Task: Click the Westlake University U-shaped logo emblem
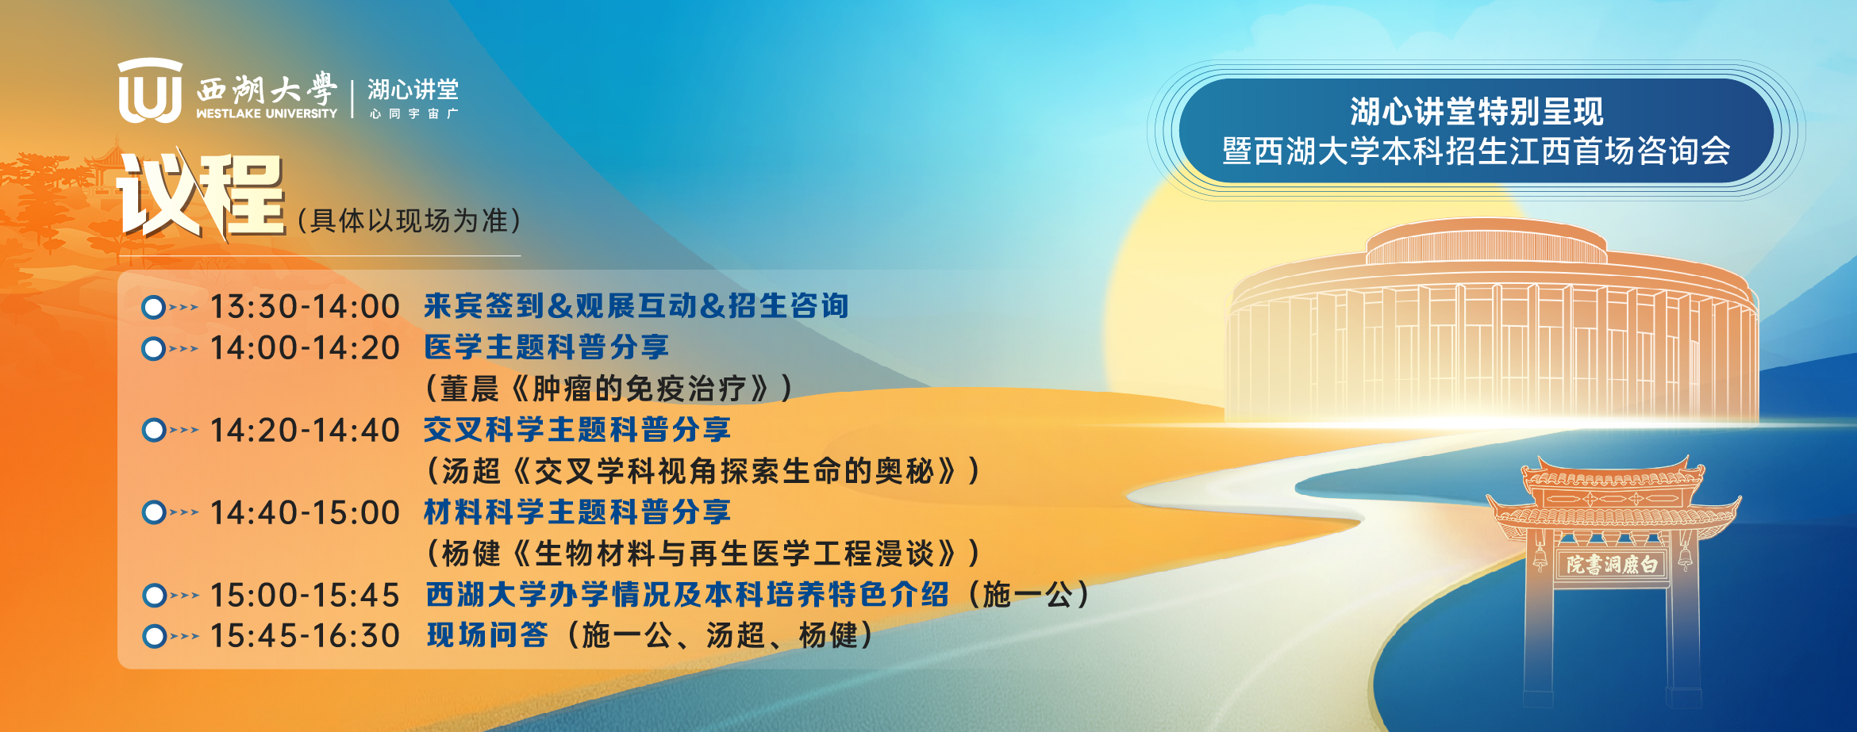[x=150, y=90]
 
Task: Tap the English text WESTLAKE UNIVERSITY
[x=267, y=113]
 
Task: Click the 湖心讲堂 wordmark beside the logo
[x=413, y=89]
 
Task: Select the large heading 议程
[x=202, y=195]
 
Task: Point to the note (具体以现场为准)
[x=409, y=220]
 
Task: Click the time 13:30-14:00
[x=305, y=307]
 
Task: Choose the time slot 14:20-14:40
[x=305, y=431]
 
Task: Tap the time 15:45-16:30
[x=305, y=636]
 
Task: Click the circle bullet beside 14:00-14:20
[x=153, y=349]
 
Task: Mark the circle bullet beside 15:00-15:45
[x=154, y=596]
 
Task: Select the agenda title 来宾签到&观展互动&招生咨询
[x=636, y=306]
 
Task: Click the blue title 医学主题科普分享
[x=547, y=347]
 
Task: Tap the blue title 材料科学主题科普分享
[x=577, y=512]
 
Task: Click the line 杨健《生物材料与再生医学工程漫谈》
[x=702, y=554]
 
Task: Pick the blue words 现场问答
[x=487, y=635]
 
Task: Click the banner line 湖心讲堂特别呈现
[x=1477, y=112]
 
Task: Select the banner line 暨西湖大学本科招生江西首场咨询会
[x=1477, y=151]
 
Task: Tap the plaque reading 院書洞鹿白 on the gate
[x=1612, y=565]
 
